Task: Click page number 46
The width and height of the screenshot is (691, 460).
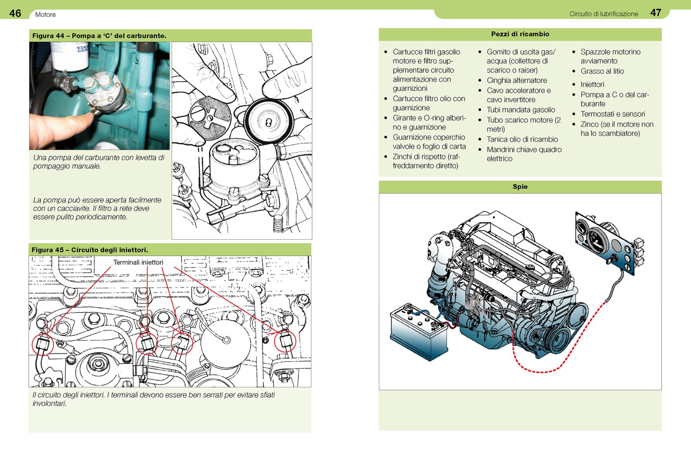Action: pos(15,13)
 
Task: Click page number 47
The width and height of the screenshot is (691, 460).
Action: pos(655,13)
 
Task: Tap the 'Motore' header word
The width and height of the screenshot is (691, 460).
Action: pos(45,15)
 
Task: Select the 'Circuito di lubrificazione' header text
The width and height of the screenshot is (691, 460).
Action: pos(603,14)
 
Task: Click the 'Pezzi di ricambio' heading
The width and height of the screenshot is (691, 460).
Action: pos(520,34)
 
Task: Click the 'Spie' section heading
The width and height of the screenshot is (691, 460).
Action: pos(520,187)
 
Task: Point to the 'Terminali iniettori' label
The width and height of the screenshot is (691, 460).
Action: pos(138,262)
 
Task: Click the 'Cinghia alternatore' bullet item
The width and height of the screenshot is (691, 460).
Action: pos(517,80)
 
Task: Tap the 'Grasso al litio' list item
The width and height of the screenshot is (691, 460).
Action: pos(602,71)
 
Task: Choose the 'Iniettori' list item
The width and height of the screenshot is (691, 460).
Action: pos(592,84)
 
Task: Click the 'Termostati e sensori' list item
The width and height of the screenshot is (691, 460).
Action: pos(612,114)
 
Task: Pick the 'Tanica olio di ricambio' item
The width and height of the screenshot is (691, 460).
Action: pos(522,140)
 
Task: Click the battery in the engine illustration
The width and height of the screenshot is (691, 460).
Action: pos(418,332)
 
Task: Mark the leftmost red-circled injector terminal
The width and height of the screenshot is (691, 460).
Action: pos(42,344)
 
